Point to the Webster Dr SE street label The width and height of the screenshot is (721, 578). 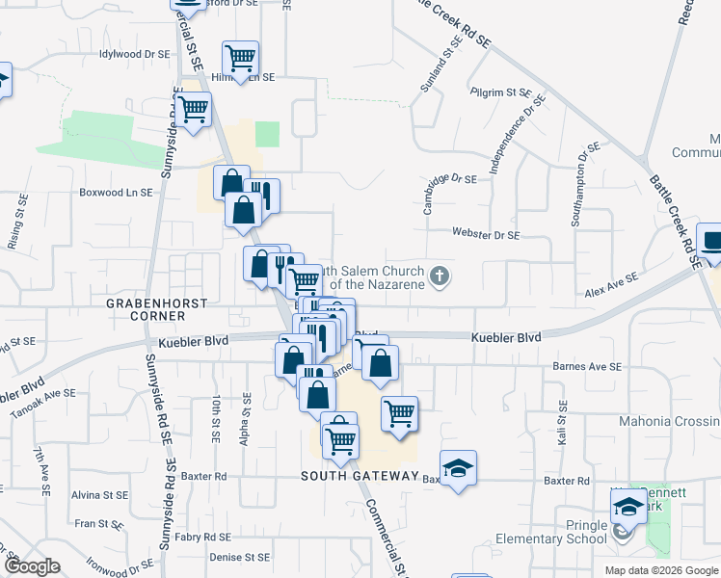point(487,234)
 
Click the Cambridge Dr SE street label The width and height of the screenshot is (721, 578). point(452,179)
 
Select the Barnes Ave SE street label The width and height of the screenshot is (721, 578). point(587,366)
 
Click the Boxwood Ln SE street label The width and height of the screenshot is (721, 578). point(118,192)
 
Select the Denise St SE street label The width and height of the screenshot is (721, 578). point(242,557)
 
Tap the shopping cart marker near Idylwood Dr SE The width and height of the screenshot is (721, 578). point(240,57)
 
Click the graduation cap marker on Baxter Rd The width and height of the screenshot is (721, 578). point(459,467)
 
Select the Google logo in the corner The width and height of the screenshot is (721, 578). point(33,567)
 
